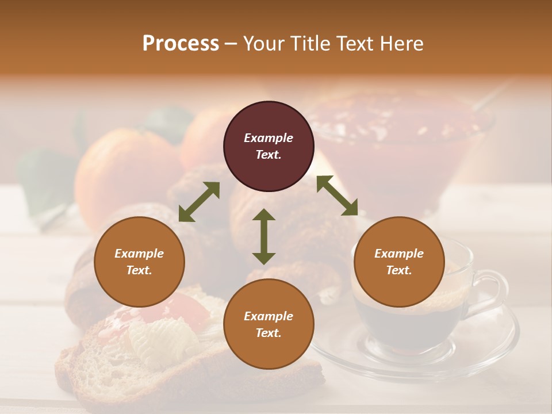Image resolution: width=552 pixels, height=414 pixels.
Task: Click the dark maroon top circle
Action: [269, 147]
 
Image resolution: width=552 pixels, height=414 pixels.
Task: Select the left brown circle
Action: [139, 262]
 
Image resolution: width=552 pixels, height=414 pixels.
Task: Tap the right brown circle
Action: [399, 262]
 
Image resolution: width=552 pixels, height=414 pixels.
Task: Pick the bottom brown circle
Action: [269, 324]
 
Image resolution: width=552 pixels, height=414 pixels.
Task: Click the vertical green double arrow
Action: [264, 236]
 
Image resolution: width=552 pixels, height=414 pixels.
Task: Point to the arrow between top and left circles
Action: [200, 201]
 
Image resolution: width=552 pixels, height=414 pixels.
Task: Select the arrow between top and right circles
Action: [337, 195]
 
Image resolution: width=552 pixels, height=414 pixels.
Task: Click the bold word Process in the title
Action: [181, 44]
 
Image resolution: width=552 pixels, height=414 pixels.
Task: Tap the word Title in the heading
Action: [311, 44]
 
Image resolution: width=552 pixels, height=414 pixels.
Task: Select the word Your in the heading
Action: [264, 44]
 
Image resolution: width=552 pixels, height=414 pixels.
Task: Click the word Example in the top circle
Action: [269, 138]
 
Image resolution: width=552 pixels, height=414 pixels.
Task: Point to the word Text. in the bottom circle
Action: [269, 333]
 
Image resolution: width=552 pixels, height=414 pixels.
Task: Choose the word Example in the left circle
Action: [139, 254]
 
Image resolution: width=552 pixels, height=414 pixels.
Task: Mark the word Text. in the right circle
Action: [399, 270]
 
